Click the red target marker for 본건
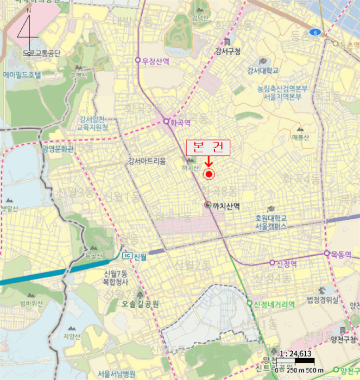tap(209, 174)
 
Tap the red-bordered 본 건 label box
tap(208, 147)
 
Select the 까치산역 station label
tap(226, 205)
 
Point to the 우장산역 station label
tap(155, 61)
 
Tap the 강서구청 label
tap(228, 52)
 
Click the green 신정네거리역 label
tap(274, 305)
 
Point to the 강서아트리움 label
tap(147, 160)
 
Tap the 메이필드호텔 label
tap(22, 74)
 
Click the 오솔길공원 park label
tap(140, 305)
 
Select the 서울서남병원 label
tap(117, 373)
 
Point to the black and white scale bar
tap(296, 360)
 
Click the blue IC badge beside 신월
tap(127, 256)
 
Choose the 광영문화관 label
tap(57, 148)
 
